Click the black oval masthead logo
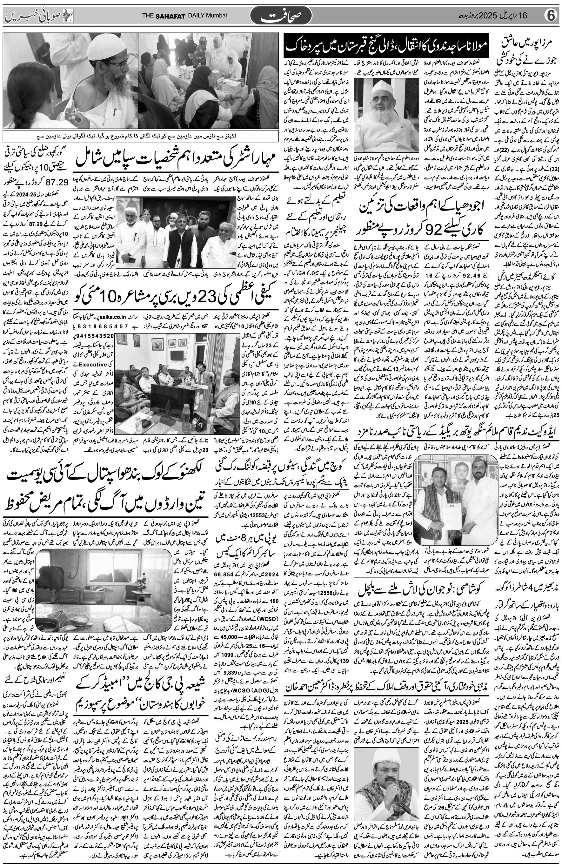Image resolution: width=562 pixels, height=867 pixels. (281, 16)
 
